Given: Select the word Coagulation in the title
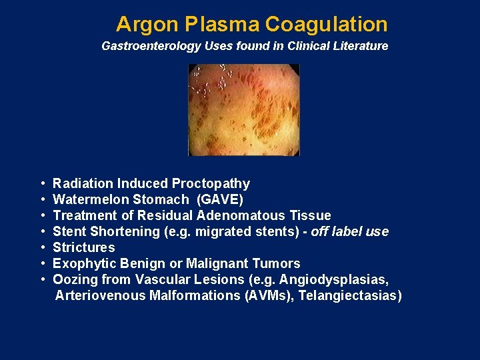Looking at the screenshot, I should tap(326, 25).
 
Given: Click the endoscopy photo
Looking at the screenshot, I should tap(244, 110).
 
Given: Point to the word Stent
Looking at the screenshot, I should tap(69, 231).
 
